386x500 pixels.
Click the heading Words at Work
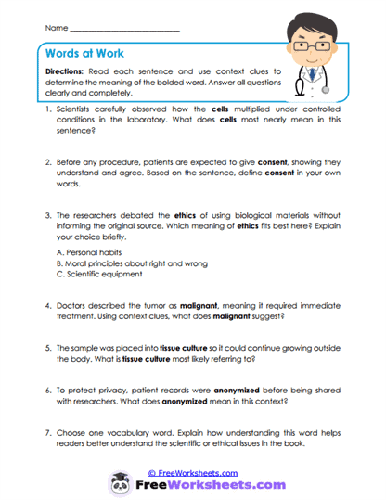(86, 54)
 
